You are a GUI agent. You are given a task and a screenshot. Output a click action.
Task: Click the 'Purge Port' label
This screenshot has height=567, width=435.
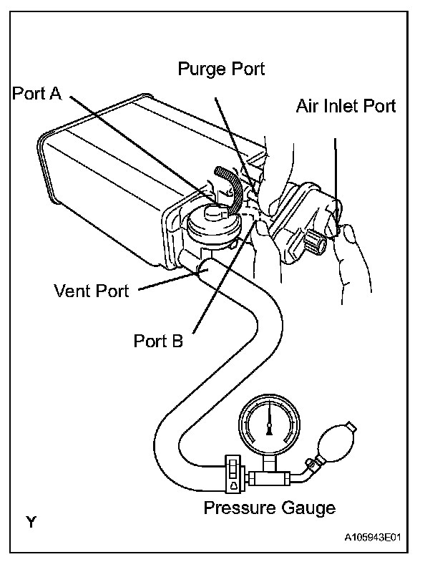(x=221, y=70)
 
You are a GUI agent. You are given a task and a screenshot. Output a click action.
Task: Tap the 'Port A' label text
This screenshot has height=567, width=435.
(x=40, y=94)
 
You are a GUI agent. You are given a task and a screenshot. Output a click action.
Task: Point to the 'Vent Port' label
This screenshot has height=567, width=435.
(x=92, y=291)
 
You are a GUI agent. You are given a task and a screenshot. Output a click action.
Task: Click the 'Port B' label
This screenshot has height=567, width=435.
(x=159, y=340)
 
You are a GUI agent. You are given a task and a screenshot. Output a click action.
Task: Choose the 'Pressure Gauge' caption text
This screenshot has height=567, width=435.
(x=270, y=508)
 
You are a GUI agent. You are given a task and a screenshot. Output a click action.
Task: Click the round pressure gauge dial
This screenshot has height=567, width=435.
(x=268, y=424)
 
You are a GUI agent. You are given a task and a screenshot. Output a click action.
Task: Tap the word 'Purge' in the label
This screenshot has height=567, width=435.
(x=200, y=70)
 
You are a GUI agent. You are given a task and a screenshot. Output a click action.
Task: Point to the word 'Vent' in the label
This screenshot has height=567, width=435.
(x=73, y=291)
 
